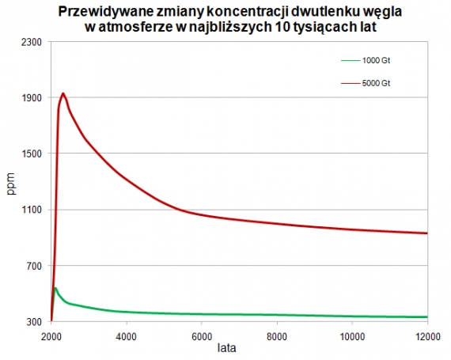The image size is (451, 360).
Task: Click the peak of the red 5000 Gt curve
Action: click(63, 93)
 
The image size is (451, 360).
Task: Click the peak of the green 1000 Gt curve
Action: click(55, 288)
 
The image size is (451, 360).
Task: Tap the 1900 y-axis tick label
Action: click(31, 97)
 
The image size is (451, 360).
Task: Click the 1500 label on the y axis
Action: click(31, 153)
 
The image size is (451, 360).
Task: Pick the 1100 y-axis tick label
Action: click(31, 210)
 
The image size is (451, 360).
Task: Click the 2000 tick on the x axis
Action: click(51, 335)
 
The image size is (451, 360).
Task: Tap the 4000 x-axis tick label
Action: click(127, 335)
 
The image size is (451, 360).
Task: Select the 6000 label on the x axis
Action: click(202, 335)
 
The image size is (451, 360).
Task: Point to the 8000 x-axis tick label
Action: click(277, 335)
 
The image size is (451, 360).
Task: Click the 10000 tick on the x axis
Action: click(352, 335)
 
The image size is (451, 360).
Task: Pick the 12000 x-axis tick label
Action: click(427, 335)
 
